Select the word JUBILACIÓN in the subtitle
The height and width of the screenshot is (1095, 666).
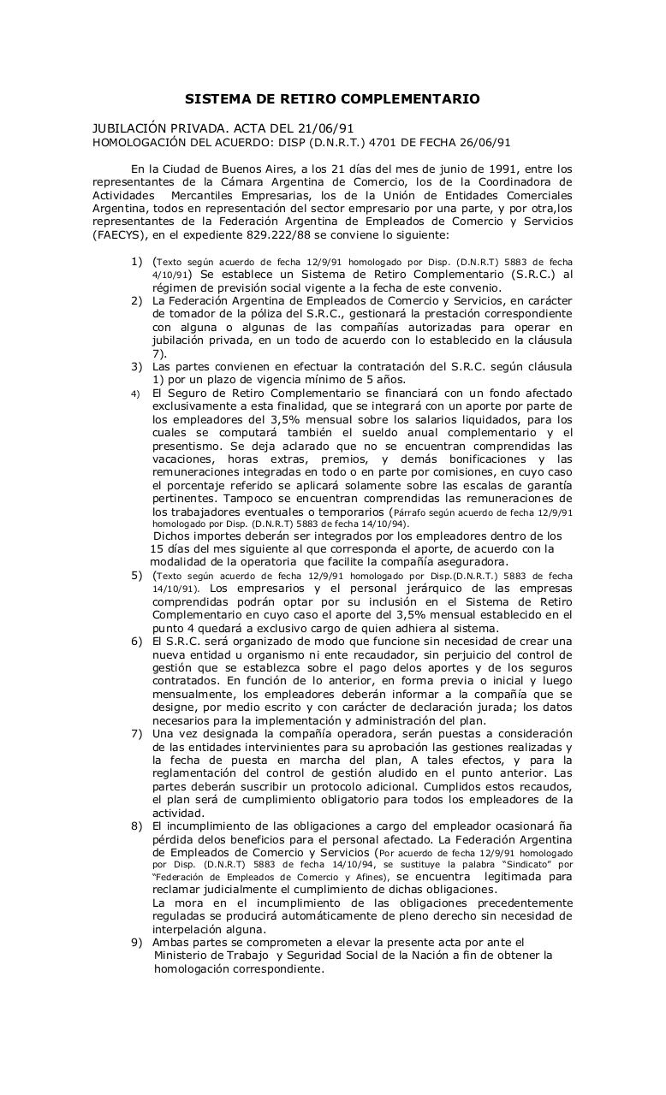[130, 127]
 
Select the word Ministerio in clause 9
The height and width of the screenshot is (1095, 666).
[186, 955]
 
